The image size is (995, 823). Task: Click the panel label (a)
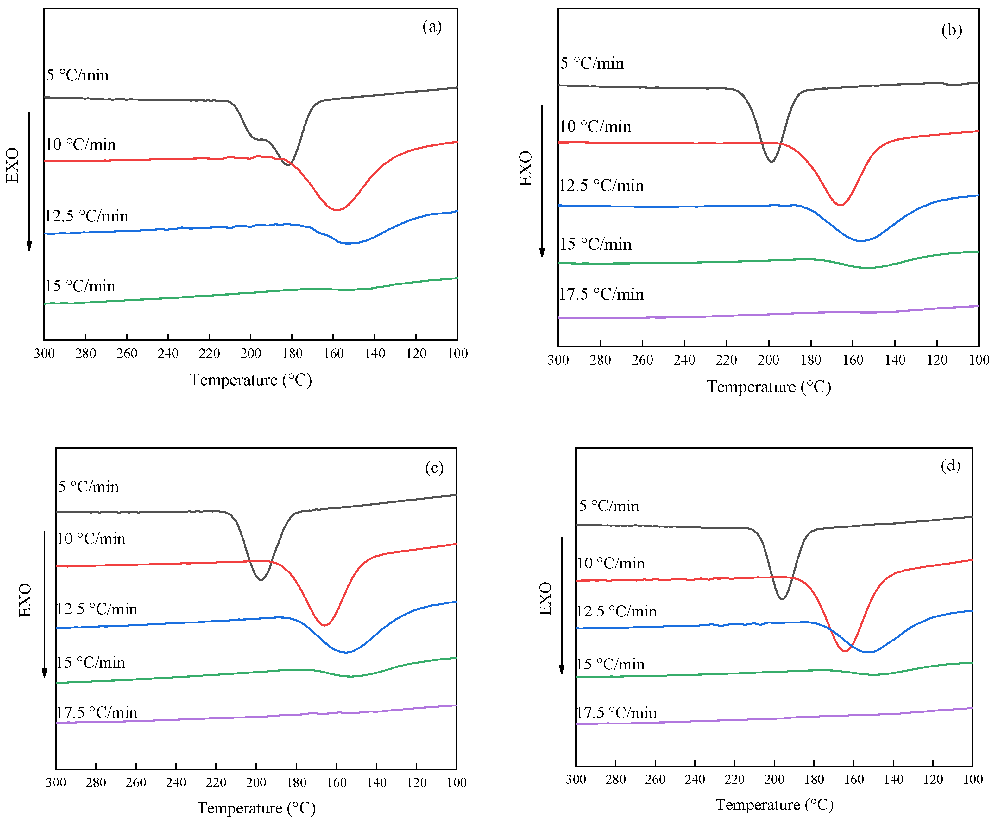pos(431,27)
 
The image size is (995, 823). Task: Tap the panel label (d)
pos(950,466)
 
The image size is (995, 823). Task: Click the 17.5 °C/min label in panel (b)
pos(601,294)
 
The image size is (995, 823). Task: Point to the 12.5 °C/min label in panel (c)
pos(97,609)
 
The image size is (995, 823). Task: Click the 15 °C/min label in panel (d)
pos(610,665)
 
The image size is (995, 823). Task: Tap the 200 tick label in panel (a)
pos(251,354)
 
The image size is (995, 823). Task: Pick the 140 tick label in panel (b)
pos(895,360)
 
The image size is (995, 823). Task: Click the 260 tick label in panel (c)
pos(136,783)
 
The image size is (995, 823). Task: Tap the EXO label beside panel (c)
pos(25,600)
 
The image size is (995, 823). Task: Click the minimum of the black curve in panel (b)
pos(772,162)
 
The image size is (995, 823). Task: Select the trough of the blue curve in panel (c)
pos(346,652)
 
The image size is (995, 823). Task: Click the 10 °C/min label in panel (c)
pos(91,539)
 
